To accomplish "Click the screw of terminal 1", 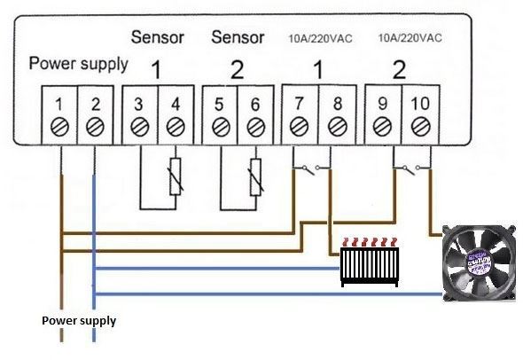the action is (60, 127).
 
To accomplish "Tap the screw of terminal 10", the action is (420, 127).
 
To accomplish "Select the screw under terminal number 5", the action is (221, 128).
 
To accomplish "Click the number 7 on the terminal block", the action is (299, 104).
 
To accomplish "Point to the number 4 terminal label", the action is (176, 105).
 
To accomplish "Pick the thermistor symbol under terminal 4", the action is (176, 176).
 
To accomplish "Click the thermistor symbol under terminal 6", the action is (256, 176).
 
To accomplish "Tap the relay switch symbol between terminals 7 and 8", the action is (311, 168).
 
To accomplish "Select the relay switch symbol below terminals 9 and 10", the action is (411, 168).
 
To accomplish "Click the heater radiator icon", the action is (370, 262).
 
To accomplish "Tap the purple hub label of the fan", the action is (480, 262).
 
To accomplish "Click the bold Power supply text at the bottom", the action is (79, 321).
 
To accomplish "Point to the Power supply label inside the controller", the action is (79, 63).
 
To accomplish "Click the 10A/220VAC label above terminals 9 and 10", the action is (410, 38).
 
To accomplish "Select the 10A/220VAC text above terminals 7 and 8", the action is (320, 39).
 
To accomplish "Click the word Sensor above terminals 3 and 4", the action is (158, 37).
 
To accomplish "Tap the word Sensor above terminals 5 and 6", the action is (238, 37).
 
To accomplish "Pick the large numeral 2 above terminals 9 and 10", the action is (399, 69).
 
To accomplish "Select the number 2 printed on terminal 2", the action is (96, 105).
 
